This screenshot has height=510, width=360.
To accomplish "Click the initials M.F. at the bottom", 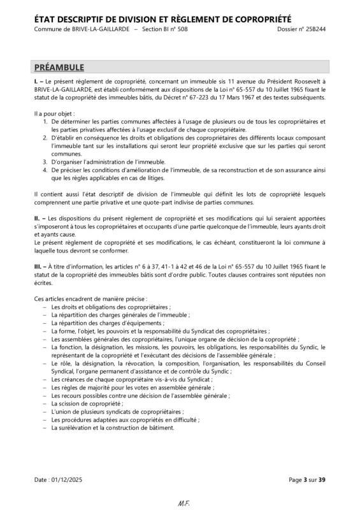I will (x=180, y=504).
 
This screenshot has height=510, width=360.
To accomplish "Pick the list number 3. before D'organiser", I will (x=45, y=161).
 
